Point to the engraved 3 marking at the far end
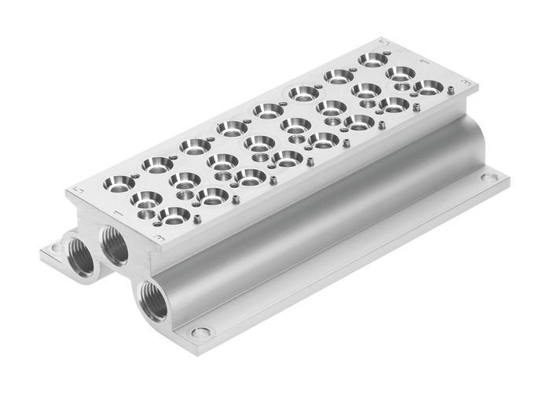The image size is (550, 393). tap(469, 83)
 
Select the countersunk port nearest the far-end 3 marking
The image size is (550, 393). tap(427, 88)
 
